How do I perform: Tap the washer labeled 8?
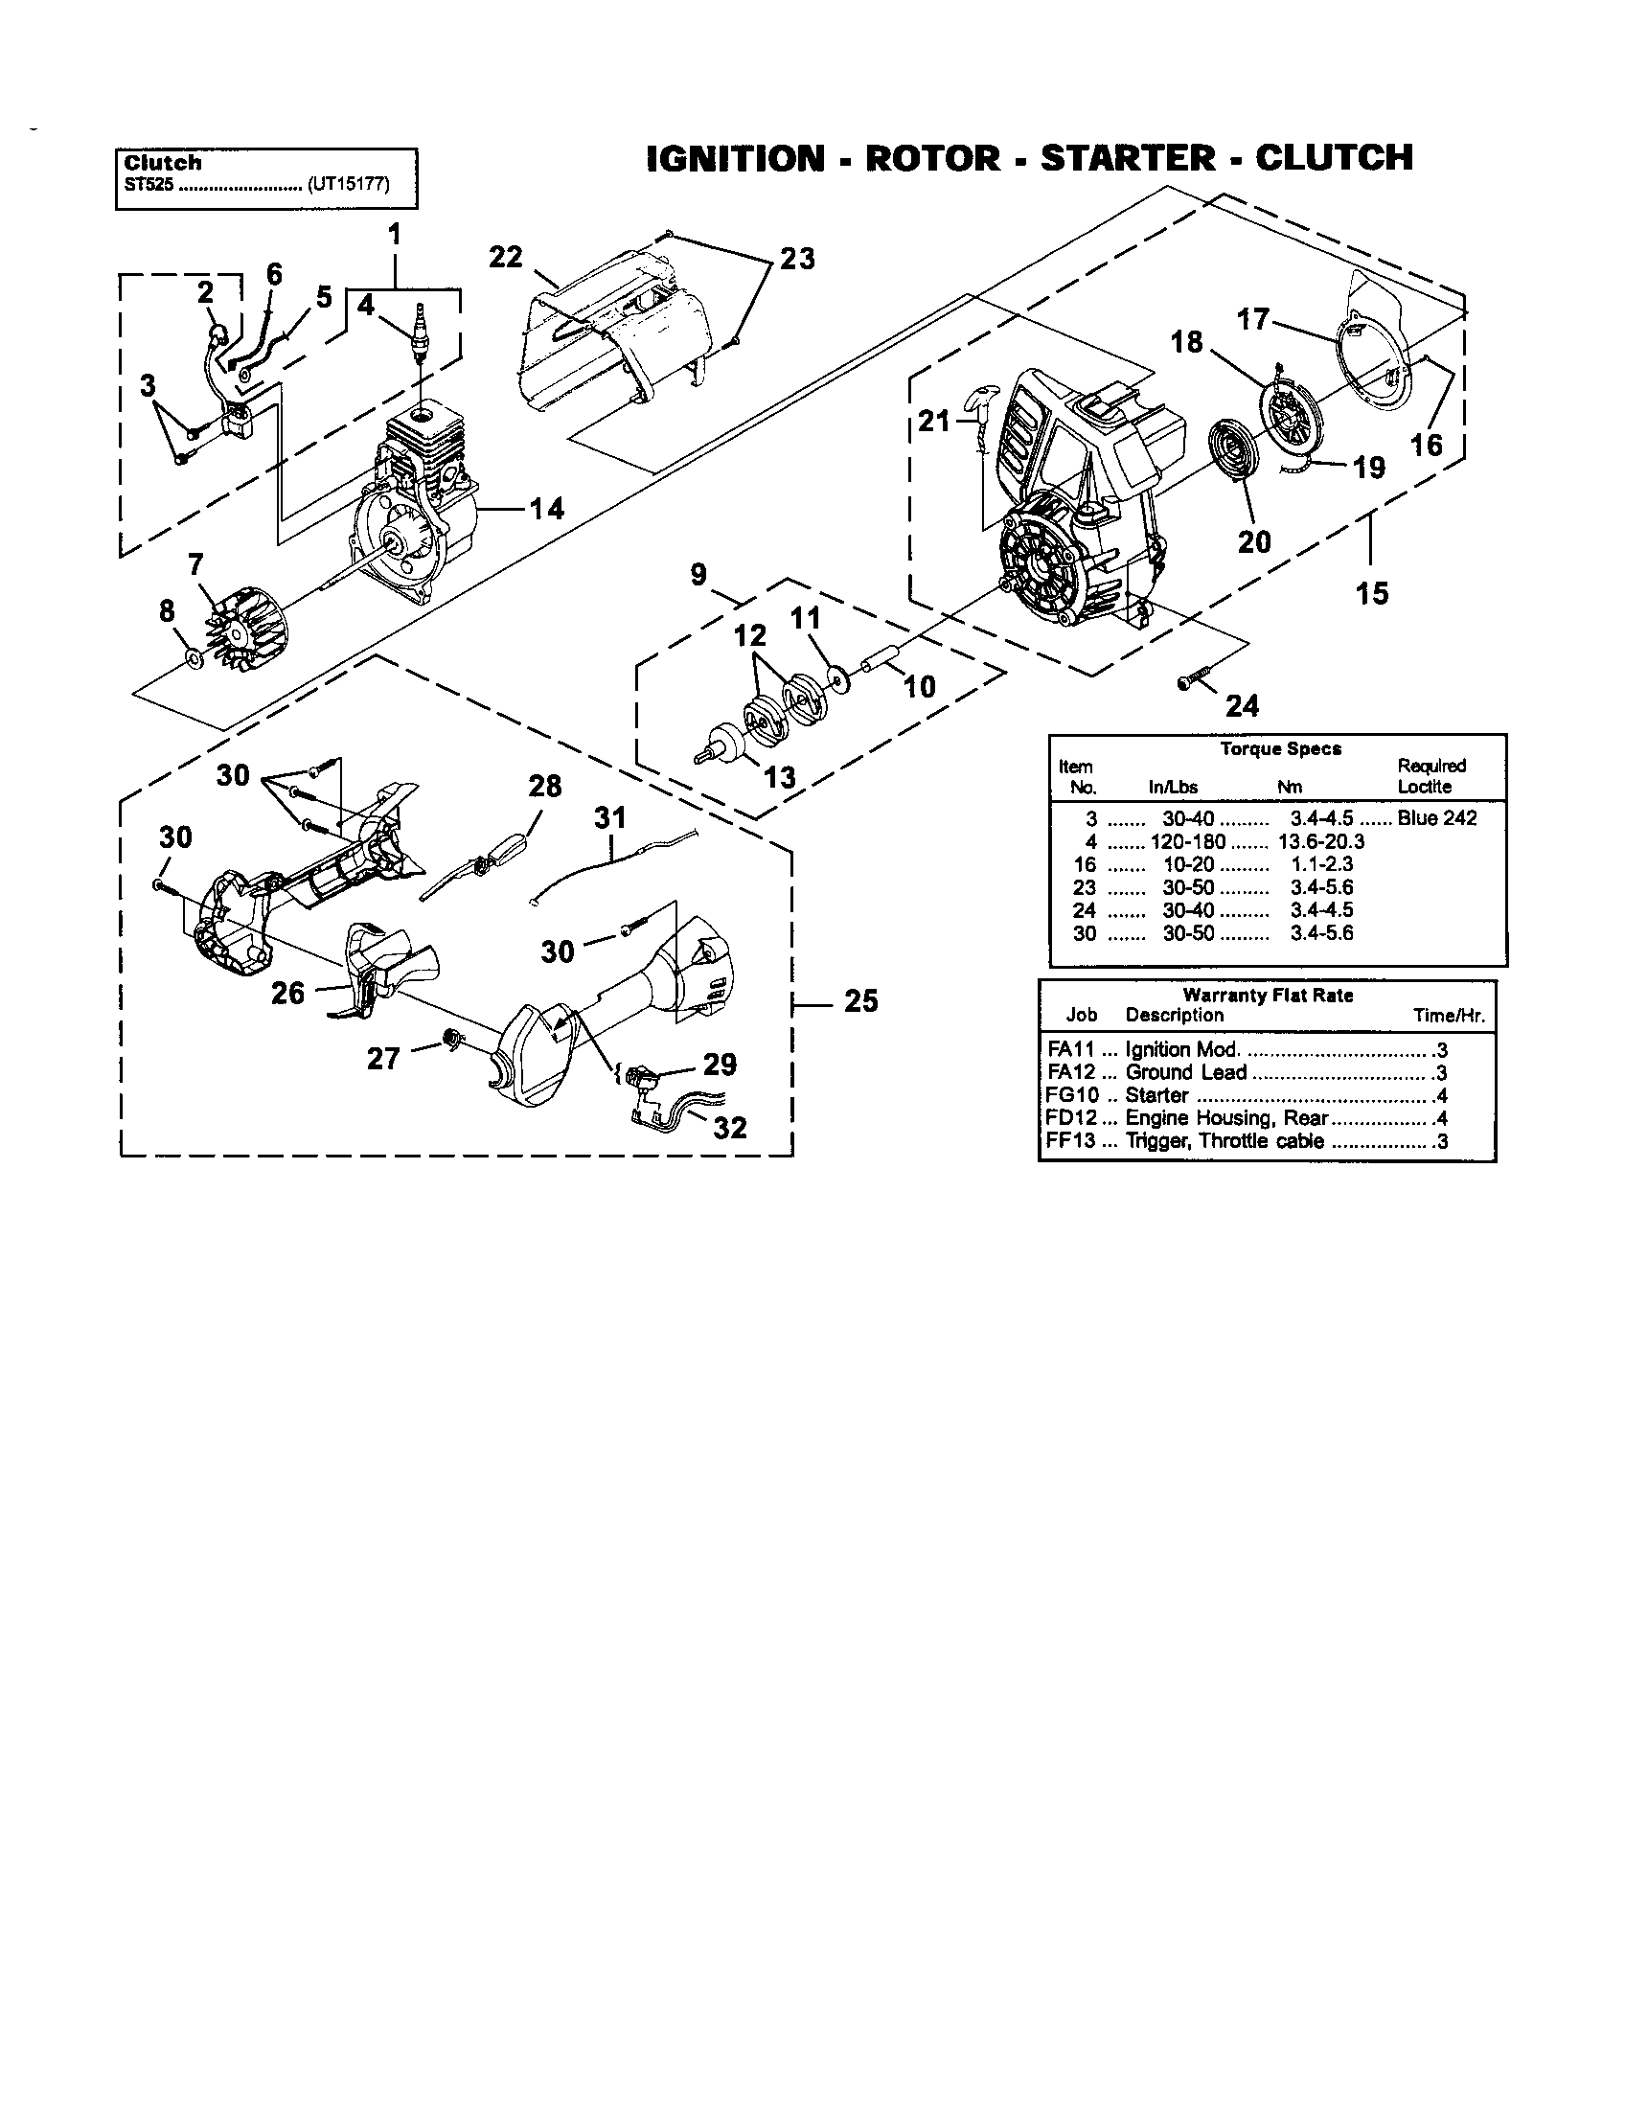pyautogui.click(x=192, y=658)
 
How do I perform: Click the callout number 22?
pyautogui.click(x=506, y=257)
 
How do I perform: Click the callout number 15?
pyautogui.click(x=1372, y=592)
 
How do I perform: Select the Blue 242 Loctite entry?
pyautogui.click(x=1437, y=817)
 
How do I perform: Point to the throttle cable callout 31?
pyautogui.click(x=608, y=817)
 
